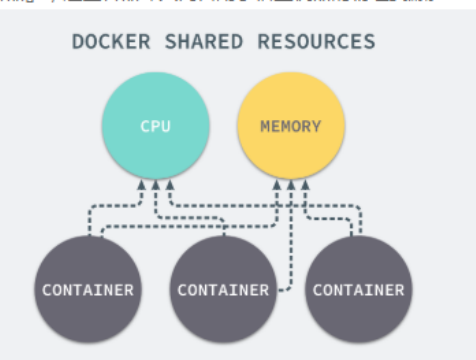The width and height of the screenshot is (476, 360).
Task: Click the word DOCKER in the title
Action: [111, 41]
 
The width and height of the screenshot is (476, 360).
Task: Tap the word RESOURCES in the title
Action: [316, 41]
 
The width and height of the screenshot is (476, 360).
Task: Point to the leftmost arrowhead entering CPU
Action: [142, 185]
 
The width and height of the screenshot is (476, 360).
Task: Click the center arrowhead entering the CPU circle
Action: [156, 185]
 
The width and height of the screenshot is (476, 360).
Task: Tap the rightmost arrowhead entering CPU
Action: [170, 185]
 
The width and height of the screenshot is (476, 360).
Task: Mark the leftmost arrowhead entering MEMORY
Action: [277, 185]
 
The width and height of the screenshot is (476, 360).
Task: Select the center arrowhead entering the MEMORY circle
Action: [291, 185]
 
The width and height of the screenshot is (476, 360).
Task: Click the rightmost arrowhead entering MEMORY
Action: [305, 185]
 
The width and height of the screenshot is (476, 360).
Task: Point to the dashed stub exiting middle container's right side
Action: [283, 290]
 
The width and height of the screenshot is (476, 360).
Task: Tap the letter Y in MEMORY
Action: [315, 126]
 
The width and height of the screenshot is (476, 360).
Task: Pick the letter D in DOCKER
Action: [78, 41]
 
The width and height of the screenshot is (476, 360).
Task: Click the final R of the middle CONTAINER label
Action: [264, 290]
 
